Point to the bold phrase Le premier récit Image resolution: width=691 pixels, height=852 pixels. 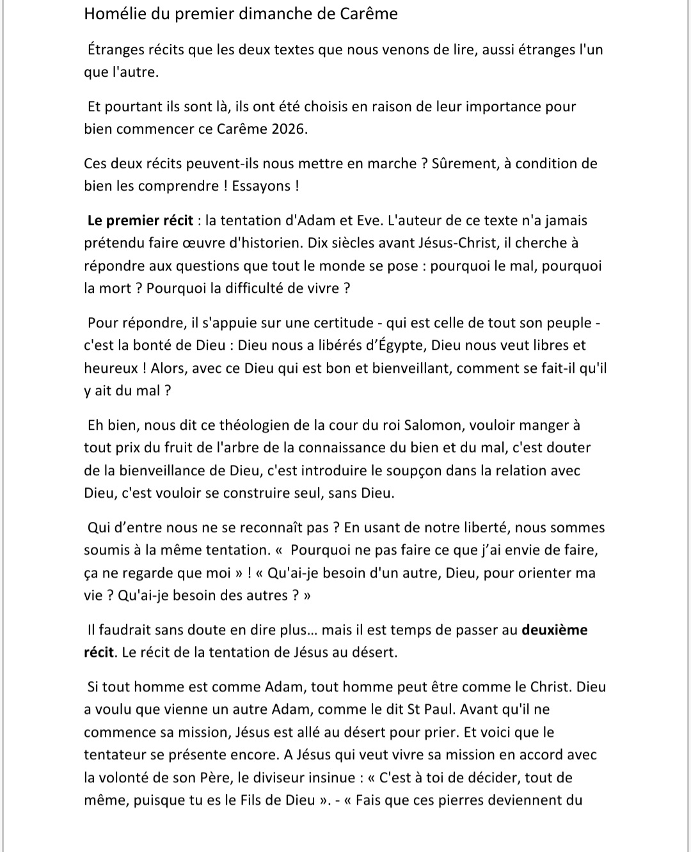(x=140, y=221)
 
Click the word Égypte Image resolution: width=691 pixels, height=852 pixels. (x=400, y=345)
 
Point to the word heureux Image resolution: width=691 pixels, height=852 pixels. (x=106, y=368)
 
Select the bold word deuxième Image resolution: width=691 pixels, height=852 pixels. (x=555, y=630)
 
